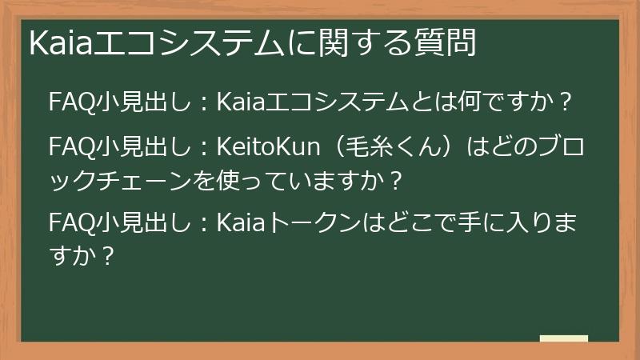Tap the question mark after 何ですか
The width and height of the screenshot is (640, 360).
click(x=566, y=102)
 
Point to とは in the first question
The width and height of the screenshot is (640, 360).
click(x=428, y=102)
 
